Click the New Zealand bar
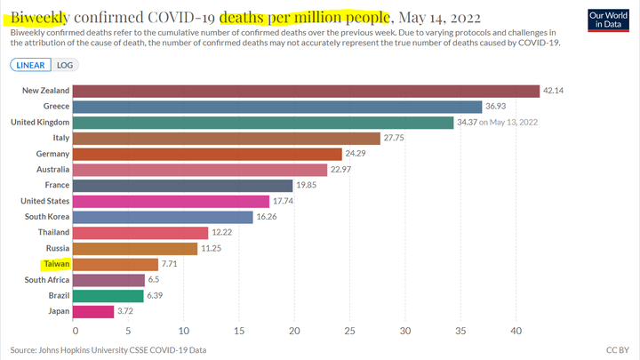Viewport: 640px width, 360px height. coord(306,91)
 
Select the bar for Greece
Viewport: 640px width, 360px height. coord(276,107)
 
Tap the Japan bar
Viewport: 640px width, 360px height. coord(92,312)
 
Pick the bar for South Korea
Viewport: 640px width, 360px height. coord(163,217)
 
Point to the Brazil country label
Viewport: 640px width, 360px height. coord(54,296)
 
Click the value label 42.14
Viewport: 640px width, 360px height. coord(556,91)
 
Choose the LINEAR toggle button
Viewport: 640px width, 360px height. coord(30,65)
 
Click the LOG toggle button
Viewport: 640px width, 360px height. coord(65,65)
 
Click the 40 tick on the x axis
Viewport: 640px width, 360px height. coord(516,331)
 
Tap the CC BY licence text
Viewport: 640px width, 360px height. coord(617,349)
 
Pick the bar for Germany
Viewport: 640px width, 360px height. coord(206,155)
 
